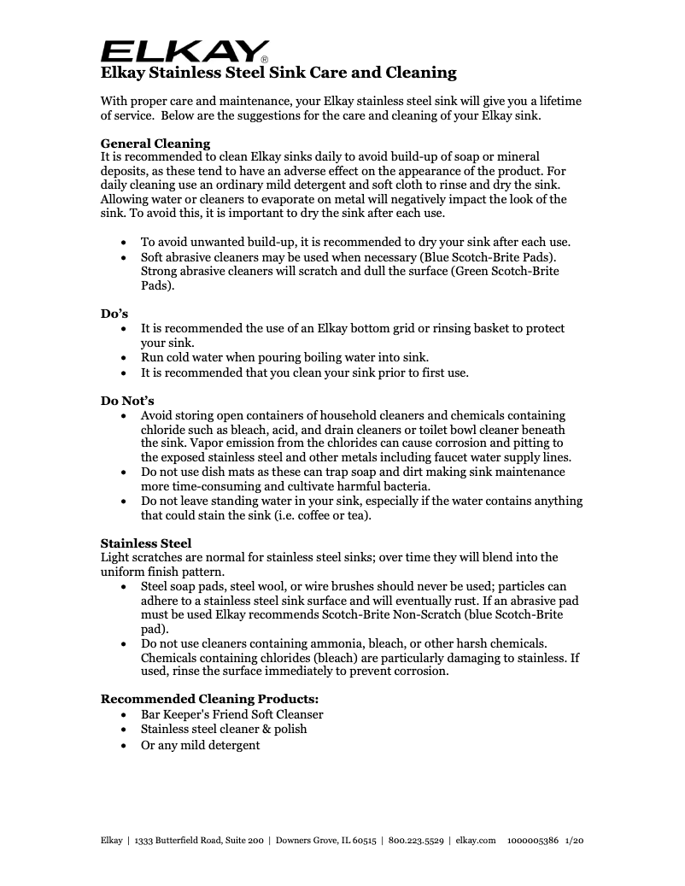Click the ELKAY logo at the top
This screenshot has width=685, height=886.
click(x=184, y=50)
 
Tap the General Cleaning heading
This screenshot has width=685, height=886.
click(x=155, y=144)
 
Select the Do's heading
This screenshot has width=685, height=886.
click(x=114, y=314)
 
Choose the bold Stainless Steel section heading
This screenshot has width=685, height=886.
click(x=146, y=543)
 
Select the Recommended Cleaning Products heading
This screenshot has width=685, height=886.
click(x=209, y=699)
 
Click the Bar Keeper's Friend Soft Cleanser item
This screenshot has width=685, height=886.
click(x=231, y=714)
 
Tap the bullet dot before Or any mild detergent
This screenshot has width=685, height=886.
click(x=125, y=746)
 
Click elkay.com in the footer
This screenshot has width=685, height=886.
click(x=476, y=841)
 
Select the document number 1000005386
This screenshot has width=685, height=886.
click(x=532, y=841)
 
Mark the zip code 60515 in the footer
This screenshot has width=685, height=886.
click(x=362, y=841)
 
